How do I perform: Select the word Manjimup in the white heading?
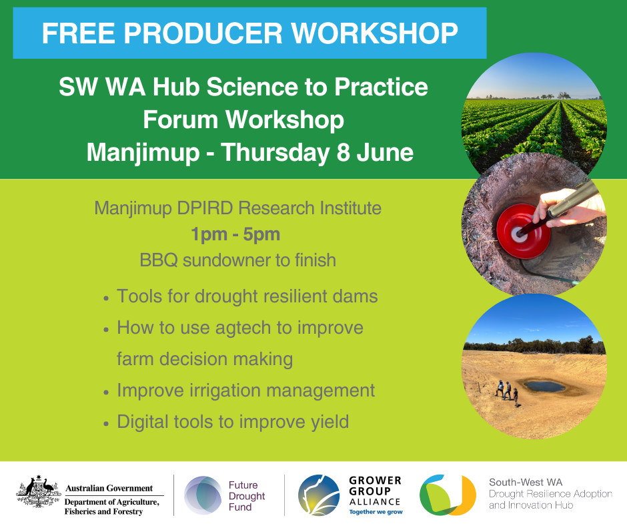[x=143, y=153]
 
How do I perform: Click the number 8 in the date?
[x=343, y=152]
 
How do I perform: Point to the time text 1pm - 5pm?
[x=235, y=234]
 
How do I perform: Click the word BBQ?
[x=158, y=260]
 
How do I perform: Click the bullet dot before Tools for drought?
[x=106, y=298]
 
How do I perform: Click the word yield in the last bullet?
[x=330, y=422]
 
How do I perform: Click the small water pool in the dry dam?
[x=544, y=386]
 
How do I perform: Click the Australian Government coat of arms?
[x=39, y=493]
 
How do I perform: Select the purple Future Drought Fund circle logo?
[x=203, y=495]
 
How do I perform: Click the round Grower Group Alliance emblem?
[x=319, y=495]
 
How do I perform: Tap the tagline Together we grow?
[x=376, y=512]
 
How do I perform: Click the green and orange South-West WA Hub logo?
[x=448, y=495]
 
